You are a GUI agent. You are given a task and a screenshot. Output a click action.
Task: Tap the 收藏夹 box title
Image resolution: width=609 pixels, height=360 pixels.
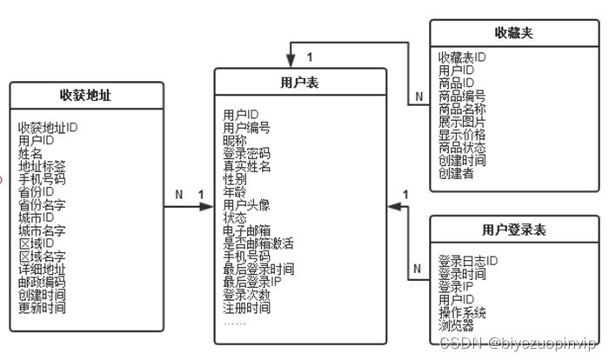[x=513, y=33]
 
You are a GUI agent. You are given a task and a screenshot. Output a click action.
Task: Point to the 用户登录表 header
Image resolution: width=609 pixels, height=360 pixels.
[x=514, y=230]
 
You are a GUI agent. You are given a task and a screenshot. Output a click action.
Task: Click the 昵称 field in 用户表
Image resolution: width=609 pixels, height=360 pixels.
[x=236, y=140]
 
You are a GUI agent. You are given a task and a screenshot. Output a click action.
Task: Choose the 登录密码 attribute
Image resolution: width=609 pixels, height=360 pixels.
[x=247, y=153]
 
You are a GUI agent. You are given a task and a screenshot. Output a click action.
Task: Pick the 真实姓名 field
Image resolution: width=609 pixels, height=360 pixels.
[x=247, y=166]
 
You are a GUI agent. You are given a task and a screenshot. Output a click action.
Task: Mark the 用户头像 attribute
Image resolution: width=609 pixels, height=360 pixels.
[x=247, y=204]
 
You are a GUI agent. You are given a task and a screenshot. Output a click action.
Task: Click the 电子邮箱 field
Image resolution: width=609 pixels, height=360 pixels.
[x=247, y=230]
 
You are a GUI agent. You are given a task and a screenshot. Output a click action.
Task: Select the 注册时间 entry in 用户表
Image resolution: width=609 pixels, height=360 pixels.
[x=247, y=308]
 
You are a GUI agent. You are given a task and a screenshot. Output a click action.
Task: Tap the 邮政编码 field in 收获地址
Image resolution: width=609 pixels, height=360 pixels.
[x=42, y=283]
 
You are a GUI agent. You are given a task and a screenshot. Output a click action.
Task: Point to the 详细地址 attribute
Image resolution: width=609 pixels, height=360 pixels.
[x=42, y=270]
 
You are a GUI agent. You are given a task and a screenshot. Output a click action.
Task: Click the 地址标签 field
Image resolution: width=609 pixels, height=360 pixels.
[x=42, y=165]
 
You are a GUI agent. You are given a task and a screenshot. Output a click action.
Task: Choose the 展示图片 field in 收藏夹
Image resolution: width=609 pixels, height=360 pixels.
[x=462, y=122]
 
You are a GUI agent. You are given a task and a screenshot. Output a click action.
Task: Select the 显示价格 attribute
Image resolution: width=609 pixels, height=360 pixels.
[x=462, y=135]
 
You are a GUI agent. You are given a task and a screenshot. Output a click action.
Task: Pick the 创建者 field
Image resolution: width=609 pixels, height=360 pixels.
[x=457, y=174]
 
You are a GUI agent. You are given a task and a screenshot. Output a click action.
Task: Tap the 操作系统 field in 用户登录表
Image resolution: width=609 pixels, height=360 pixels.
[x=462, y=313]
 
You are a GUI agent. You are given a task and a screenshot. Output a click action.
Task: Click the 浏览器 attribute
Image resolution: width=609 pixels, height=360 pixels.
[x=457, y=326]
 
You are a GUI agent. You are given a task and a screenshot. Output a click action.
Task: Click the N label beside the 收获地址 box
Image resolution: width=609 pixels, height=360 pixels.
[x=178, y=195]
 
